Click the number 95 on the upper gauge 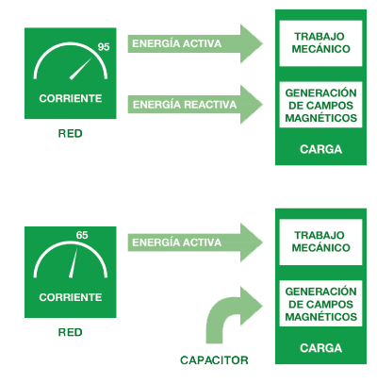coord(104,47)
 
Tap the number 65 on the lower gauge coord(82,235)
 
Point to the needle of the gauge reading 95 coord(81,69)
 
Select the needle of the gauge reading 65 coord(74,263)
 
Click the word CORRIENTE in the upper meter coord(71,98)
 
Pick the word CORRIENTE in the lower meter coord(71,297)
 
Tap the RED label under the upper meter coord(71,134)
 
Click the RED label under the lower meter coord(71,332)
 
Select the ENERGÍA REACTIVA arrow coord(195,105)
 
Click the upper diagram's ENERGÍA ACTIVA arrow coord(195,43)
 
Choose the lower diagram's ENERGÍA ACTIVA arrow coord(195,242)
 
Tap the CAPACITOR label coord(214,360)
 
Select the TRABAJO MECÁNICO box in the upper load coord(320,43)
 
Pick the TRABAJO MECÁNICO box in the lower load coord(320,242)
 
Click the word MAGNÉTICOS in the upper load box coord(320,118)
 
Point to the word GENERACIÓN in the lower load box coord(320,292)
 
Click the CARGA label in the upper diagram coord(320,149)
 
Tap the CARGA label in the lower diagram coord(320,348)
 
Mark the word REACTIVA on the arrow coord(210,105)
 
